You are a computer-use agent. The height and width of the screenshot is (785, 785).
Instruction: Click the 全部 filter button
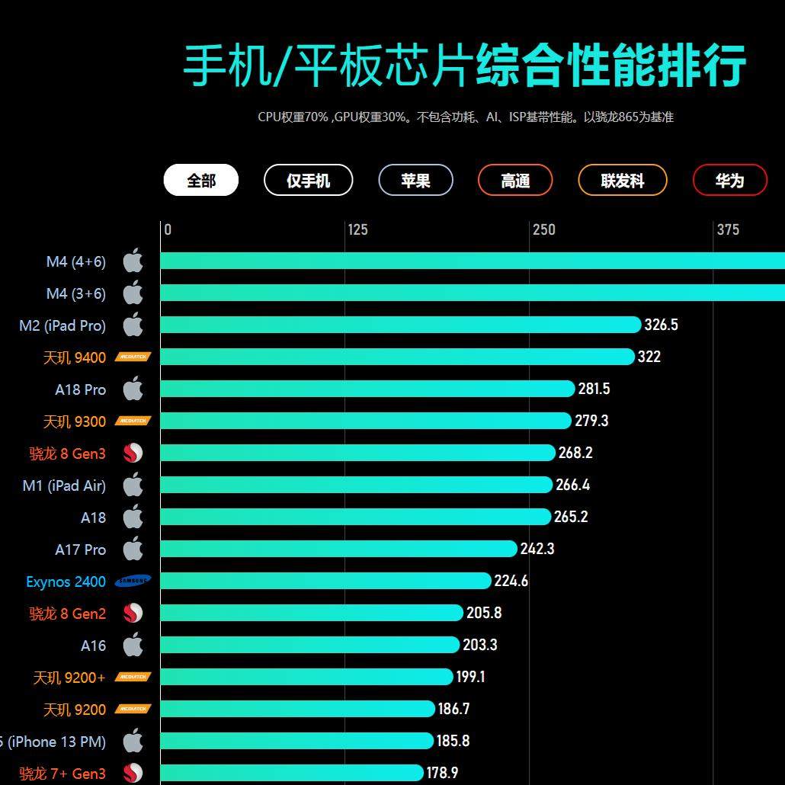201,181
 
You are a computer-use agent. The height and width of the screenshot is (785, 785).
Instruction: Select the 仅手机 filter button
308,181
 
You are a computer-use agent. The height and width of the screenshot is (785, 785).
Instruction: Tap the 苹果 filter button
415,181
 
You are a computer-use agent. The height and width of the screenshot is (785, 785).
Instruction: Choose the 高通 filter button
515,181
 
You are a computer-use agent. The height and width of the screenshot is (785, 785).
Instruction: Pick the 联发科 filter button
623,181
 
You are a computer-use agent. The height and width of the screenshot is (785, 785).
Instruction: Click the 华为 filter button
729,181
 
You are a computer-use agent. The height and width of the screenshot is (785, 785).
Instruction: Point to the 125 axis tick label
357,229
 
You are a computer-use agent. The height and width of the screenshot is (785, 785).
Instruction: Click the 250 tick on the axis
543,229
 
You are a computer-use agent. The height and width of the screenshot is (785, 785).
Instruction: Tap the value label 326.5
661,325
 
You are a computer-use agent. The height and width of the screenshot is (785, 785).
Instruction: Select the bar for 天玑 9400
397,357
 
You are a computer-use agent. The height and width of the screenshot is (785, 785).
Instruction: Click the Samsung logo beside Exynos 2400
133,582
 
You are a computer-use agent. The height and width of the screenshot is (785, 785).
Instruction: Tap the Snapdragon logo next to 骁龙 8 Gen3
133,453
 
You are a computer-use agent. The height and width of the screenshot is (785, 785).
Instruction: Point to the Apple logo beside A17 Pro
133,549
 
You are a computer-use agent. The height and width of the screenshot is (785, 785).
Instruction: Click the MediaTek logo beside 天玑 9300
133,421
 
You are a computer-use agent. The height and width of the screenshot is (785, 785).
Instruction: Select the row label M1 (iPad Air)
64,485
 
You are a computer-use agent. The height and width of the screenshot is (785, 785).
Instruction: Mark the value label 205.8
484,613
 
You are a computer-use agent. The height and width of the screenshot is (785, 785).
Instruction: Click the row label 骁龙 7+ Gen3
62,774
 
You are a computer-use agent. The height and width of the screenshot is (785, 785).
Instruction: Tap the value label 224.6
511,581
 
